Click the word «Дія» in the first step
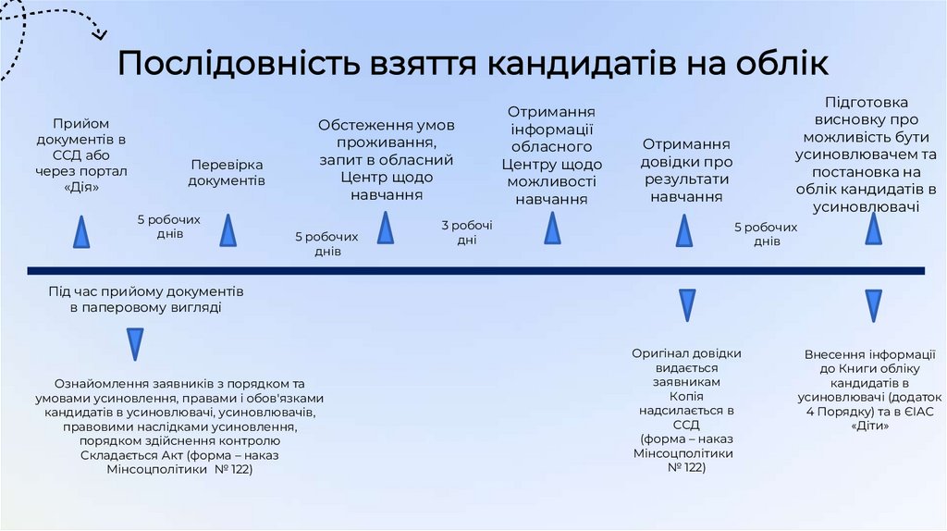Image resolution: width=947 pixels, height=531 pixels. (x=82, y=187)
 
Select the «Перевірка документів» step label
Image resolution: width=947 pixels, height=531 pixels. (x=227, y=172)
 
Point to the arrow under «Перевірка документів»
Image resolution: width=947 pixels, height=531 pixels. (x=228, y=230)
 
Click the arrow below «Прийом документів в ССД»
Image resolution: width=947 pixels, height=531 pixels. (x=82, y=231)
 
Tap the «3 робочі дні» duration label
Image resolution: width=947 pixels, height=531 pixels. (x=467, y=232)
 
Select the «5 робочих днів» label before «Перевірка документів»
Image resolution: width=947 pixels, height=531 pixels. (x=169, y=227)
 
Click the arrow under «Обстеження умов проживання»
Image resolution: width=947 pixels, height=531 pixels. (x=386, y=228)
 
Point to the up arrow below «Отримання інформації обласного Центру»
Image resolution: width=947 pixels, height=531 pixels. (x=552, y=228)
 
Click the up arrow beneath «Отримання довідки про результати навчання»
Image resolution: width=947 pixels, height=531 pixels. (x=684, y=230)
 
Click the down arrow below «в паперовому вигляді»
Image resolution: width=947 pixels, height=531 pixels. (x=135, y=344)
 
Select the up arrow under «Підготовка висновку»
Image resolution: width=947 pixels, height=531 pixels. (x=873, y=228)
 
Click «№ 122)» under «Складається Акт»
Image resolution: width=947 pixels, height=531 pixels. (x=235, y=470)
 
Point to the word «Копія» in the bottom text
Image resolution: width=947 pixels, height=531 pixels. (x=686, y=395)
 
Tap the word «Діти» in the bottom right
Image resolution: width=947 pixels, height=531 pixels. (x=872, y=426)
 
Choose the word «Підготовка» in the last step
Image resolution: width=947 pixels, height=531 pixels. (x=867, y=102)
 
